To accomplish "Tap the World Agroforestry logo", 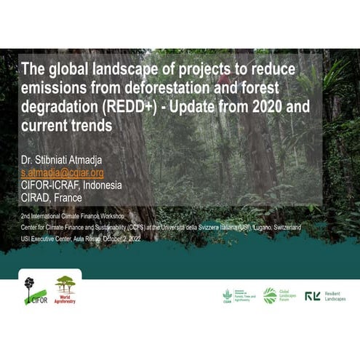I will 65,289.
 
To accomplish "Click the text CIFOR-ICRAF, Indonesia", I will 71,184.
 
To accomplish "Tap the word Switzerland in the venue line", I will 286,227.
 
